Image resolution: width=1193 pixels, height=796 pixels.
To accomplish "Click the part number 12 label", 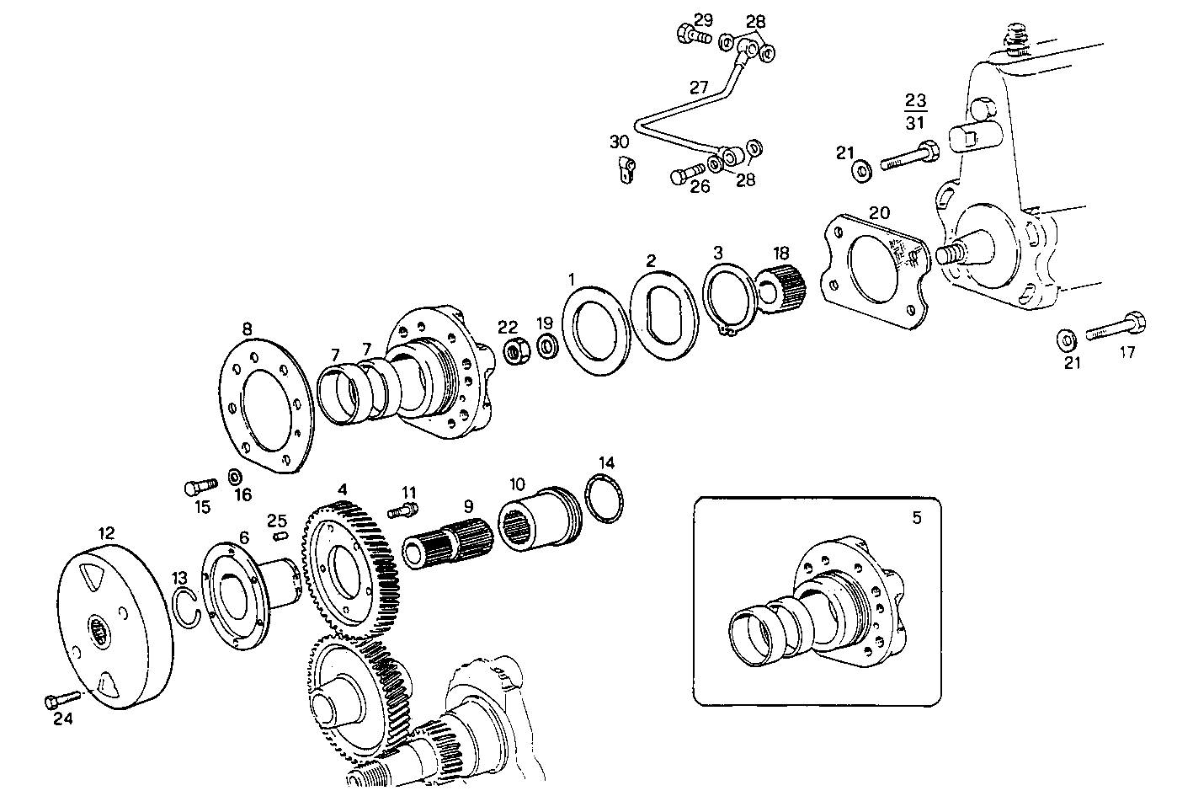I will [106, 532].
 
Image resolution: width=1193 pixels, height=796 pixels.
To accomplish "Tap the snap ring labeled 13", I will [189, 608].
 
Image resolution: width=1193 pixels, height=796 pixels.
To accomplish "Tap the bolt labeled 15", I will [200, 486].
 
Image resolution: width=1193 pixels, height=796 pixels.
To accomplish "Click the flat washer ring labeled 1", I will [595, 329].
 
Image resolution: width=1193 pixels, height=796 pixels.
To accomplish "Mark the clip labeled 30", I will [623, 168].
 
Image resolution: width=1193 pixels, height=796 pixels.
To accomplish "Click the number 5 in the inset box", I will [916, 517].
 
